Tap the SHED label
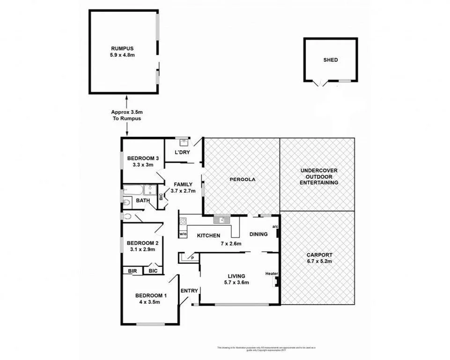point(330,60)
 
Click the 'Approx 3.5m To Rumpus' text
point(126,115)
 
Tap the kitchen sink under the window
point(220,219)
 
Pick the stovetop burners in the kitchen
point(183,221)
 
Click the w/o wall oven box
point(183,233)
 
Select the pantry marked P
point(191,257)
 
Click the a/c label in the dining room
point(275,227)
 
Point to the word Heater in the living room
point(271,274)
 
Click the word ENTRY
point(189,291)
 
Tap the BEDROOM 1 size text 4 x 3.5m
point(151,302)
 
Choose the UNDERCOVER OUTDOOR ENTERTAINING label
point(318,177)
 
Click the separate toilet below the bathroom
point(128,217)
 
